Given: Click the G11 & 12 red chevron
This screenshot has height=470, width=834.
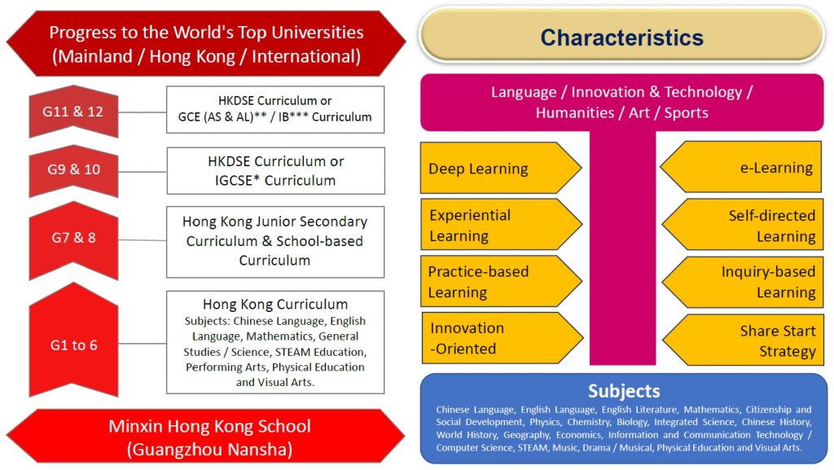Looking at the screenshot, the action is pyautogui.click(x=73, y=112).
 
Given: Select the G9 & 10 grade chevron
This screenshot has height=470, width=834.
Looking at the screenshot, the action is pyautogui.click(x=73, y=170).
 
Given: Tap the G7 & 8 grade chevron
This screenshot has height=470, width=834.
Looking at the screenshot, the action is pyautogui.click(x=73, y=240).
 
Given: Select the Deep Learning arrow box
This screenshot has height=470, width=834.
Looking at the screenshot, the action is pyautogui.click(x=501, y=168).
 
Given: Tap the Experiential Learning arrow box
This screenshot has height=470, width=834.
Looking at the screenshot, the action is pyautogui.click(x=501, y=225).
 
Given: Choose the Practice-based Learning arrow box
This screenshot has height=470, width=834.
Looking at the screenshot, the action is pyautogui.click(x=501, y=281).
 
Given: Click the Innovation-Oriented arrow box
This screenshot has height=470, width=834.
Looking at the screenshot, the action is pyautogui.click(x=502, y=338).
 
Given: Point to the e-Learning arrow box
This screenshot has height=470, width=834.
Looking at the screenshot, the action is pyautogui.click(x=741, y=167).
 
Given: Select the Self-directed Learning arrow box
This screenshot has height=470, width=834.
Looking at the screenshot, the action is pyautogui.click(x=743, y=225).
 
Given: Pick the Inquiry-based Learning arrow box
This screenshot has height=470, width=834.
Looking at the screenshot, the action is pyautogui.click(x=743, y=282).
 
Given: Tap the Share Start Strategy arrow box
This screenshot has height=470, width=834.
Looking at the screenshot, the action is pyautogui.click(x=743, y=340).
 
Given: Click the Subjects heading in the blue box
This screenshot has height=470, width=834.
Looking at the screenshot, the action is pyautogui.click(x=624, y=391).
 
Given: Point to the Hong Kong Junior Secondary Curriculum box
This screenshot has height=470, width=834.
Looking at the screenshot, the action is pyautogui.click(x=275, y=242).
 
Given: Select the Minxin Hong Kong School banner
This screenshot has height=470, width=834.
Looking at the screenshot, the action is pyautogui.click(x=206, y=437).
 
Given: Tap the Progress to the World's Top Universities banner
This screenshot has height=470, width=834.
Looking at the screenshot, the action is pyautogui.click(x=206, y=44).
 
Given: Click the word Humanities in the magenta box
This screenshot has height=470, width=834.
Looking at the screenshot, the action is pyautogui.click(x=574, y=112).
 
